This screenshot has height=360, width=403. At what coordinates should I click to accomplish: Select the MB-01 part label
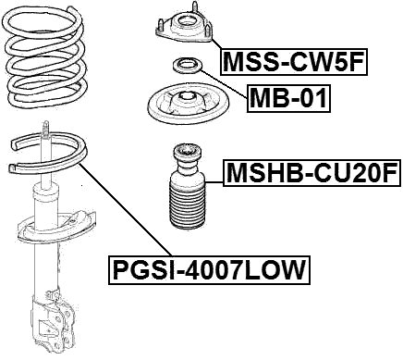coord(288,97)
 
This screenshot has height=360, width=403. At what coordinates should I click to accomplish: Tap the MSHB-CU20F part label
coord(311,173)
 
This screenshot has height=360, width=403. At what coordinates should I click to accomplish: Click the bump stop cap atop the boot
coord(185,156)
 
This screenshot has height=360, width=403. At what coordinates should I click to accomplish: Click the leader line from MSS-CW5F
coord(214,43)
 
